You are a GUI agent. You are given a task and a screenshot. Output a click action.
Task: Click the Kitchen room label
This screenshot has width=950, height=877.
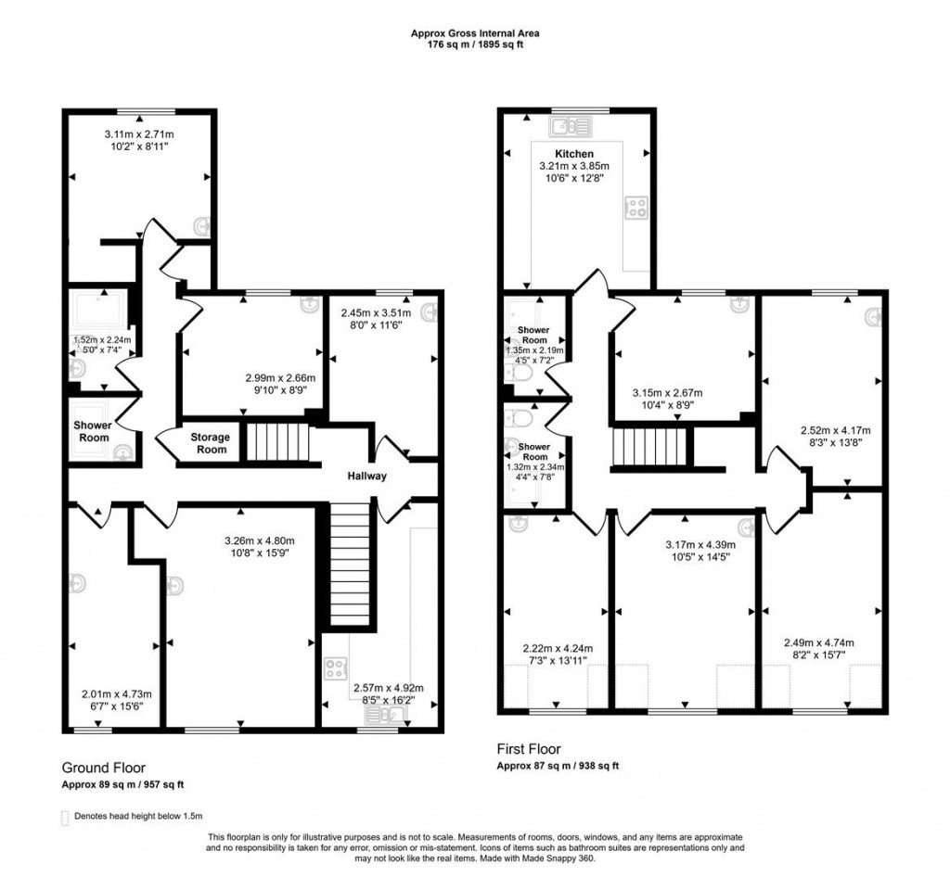[x=574, y=154]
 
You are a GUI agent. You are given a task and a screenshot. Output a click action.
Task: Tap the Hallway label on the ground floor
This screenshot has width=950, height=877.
[x=366, y=476]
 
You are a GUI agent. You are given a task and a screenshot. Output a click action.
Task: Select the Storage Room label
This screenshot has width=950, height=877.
[x=210, y=443]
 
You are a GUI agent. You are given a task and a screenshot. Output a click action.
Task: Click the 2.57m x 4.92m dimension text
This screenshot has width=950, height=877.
[x=388, y=687]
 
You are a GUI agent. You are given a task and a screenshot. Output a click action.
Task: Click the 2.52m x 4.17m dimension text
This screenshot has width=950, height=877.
[x=835, y=430]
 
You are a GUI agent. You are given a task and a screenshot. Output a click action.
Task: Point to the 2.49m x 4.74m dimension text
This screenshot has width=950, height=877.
[x=820, y=642]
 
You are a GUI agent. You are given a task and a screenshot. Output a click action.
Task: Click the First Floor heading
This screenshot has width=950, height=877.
[x=529, y=749]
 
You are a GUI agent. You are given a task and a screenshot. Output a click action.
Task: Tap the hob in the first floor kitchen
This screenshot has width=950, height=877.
[x=637, y=208]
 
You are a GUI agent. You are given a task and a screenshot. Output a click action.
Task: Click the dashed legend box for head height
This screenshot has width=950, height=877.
[x=64, y=816]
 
